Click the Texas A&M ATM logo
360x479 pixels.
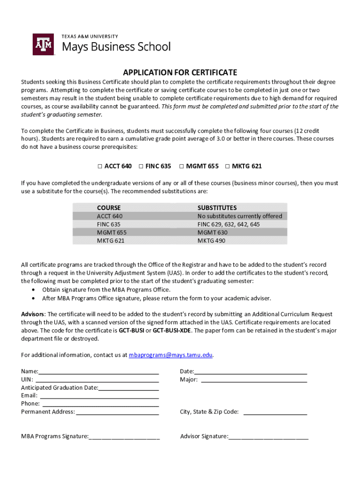[43, 44]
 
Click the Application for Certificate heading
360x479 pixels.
[180, 73]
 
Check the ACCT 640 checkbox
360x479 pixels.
[100, 166]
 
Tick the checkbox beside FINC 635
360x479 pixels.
[141, 166]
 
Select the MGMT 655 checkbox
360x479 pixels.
[181, 166]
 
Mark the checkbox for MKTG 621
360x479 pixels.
[228, 166]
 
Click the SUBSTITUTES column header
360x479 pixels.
[217, 207]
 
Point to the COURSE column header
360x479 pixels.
[108, 207]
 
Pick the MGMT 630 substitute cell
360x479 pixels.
[212, 232]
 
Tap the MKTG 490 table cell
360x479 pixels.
[211, 240]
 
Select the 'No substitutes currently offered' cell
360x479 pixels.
[239, 216]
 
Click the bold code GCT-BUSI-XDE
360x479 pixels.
[175, 331]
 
